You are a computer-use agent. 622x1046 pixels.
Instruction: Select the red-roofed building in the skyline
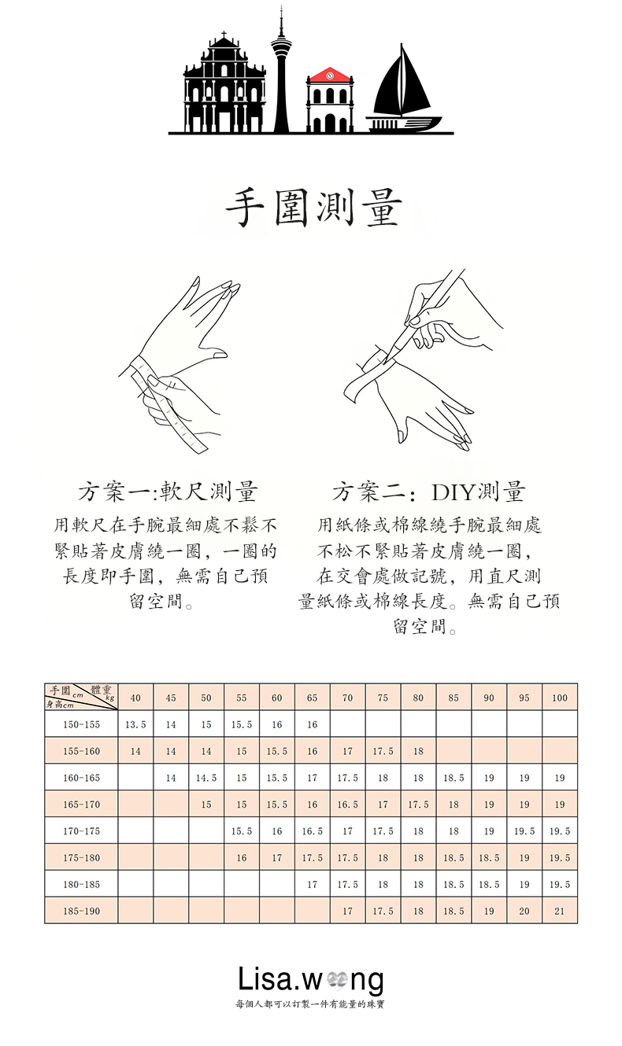coord(329,98)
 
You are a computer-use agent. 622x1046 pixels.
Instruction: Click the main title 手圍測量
coord(314,209)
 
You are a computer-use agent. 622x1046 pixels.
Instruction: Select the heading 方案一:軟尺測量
coord(168,493)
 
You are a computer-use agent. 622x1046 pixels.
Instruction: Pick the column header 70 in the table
coord(347,698)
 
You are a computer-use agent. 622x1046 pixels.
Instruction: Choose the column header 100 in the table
coord(560,698)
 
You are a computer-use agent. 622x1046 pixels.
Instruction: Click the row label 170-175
coord(82,831)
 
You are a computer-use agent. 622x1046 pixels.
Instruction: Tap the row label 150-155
coord(82,724)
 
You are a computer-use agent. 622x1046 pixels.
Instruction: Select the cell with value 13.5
coord(135,724)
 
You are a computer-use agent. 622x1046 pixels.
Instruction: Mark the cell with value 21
coord(560,912)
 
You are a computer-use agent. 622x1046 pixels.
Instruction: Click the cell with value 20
coord(524,912)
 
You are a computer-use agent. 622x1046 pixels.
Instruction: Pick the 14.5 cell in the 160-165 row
coord(206,778)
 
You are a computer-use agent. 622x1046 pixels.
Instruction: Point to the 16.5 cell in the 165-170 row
coord(347,805)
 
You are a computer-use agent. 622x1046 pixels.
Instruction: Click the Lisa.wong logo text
coord(311,980)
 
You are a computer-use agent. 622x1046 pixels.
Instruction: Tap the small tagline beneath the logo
coord(310,1004)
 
